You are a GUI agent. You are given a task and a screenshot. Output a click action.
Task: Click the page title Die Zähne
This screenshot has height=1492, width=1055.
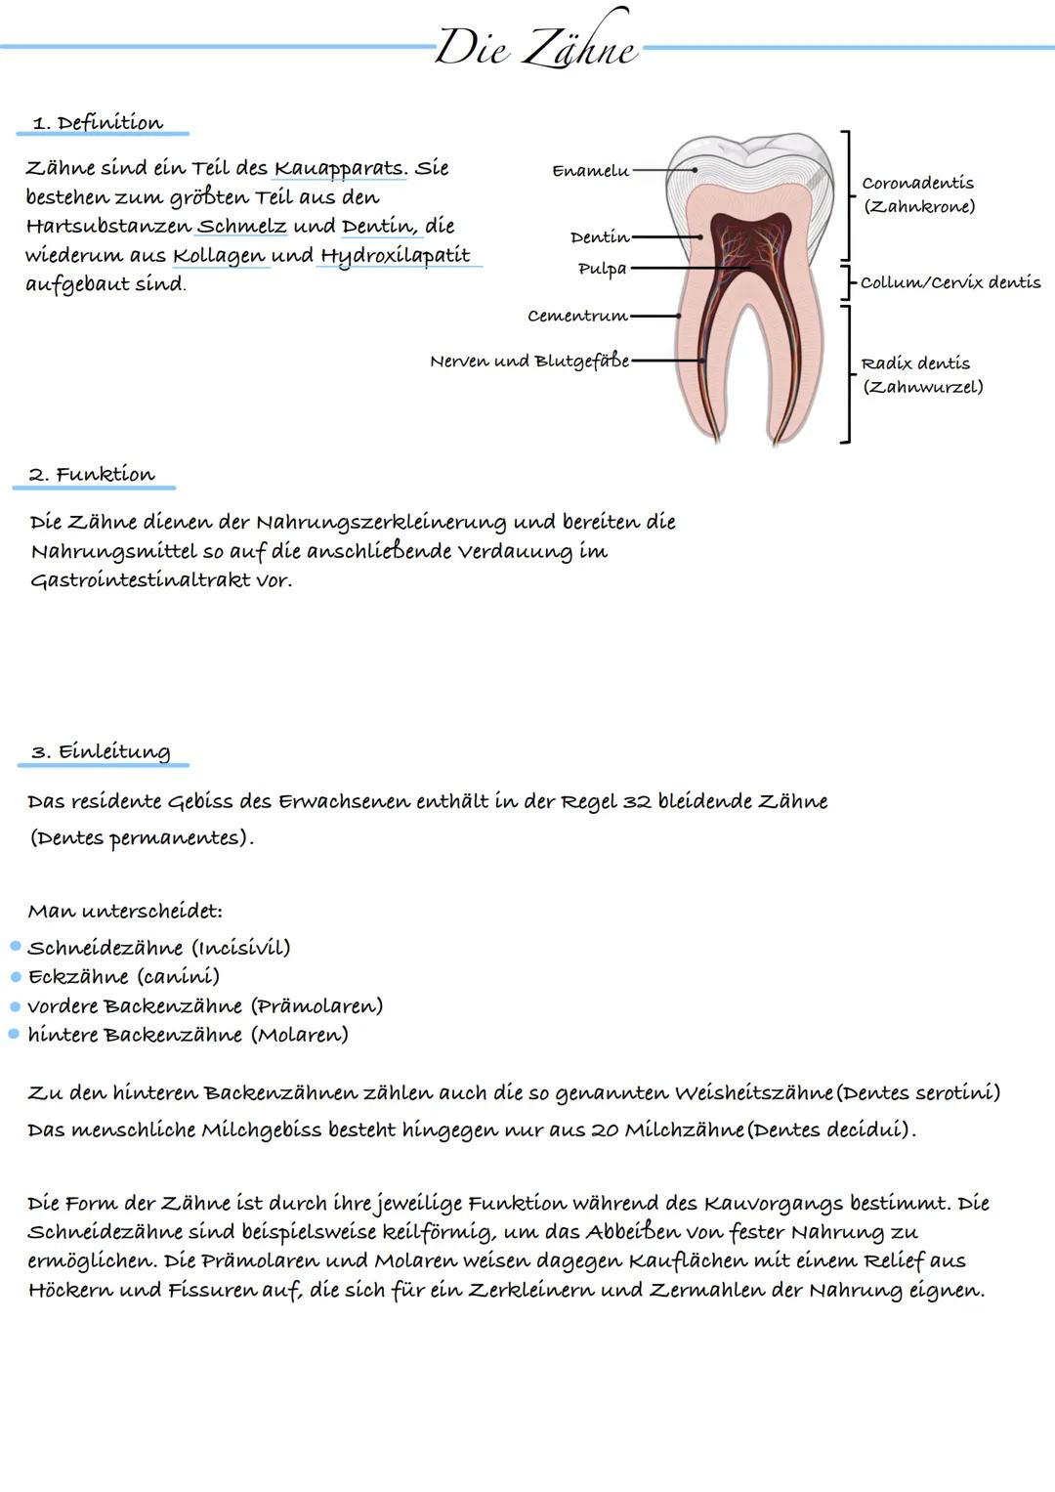536,46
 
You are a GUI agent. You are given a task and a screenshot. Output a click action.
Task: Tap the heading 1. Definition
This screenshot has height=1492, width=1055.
98,123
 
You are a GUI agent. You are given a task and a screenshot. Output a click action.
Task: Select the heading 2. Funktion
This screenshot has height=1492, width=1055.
92,475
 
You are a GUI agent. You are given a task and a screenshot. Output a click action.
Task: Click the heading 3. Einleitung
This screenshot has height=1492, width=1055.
101,751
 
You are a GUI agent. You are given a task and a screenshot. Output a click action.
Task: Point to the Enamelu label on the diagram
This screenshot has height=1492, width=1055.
590,171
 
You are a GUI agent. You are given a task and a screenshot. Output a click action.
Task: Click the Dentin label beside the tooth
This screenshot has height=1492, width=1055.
599,237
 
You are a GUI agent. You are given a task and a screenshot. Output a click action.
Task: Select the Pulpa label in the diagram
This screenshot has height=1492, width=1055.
602,269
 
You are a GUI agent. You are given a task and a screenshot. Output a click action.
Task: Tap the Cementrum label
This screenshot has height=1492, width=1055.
576,317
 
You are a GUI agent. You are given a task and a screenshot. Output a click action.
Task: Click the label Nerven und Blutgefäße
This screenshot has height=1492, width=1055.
528,362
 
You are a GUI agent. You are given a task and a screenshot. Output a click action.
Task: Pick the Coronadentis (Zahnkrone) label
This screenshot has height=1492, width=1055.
917,194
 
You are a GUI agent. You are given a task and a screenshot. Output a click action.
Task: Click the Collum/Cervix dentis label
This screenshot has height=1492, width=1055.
949,282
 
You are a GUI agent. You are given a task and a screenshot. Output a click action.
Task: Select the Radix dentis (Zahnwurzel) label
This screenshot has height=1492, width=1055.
921,375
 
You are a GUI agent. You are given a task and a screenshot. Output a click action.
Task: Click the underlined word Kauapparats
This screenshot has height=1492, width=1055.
339,168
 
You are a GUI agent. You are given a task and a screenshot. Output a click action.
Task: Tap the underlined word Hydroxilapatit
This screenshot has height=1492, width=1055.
396,256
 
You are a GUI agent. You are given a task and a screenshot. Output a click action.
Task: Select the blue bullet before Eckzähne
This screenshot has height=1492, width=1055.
16,976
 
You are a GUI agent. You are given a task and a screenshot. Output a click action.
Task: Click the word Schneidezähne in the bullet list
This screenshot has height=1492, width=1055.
105,948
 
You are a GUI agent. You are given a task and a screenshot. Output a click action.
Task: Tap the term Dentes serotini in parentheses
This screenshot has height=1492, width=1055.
919,1092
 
